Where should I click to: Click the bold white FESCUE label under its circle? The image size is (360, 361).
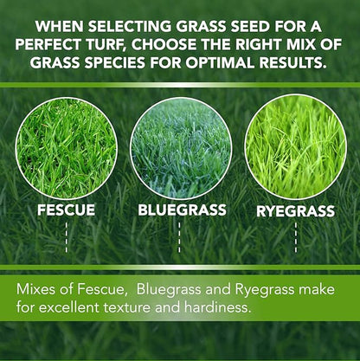point(67,210)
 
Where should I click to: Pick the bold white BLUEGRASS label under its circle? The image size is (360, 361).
point(182,210)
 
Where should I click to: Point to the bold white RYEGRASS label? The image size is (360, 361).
point(296,210)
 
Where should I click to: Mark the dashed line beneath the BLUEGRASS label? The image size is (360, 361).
point(179,236)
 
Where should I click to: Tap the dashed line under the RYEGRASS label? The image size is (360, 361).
point(295,236)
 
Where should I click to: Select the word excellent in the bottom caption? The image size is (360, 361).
point(91,306)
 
